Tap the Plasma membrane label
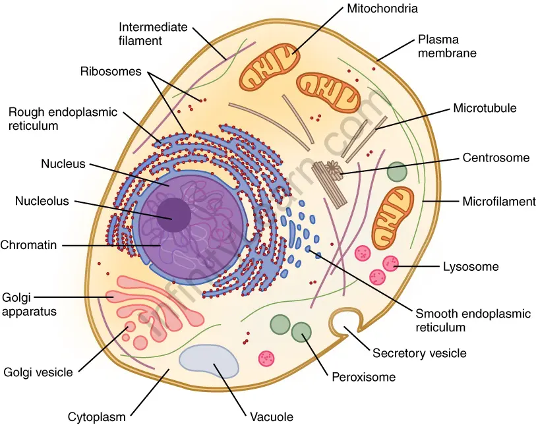[446, 46]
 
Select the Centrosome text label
[496, 158]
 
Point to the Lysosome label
[470, 267]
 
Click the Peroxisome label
[363, 378]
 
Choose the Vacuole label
[272, 416]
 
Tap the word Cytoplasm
[96, 416]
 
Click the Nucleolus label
[42, 202]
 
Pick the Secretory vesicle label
[419, 353]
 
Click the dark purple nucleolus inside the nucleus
[173, 215]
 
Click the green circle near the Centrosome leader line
[397, 172]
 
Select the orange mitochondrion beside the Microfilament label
[393, 217]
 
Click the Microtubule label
[485, 108]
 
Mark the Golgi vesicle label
[38, 372]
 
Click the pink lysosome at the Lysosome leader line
[390, 264]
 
